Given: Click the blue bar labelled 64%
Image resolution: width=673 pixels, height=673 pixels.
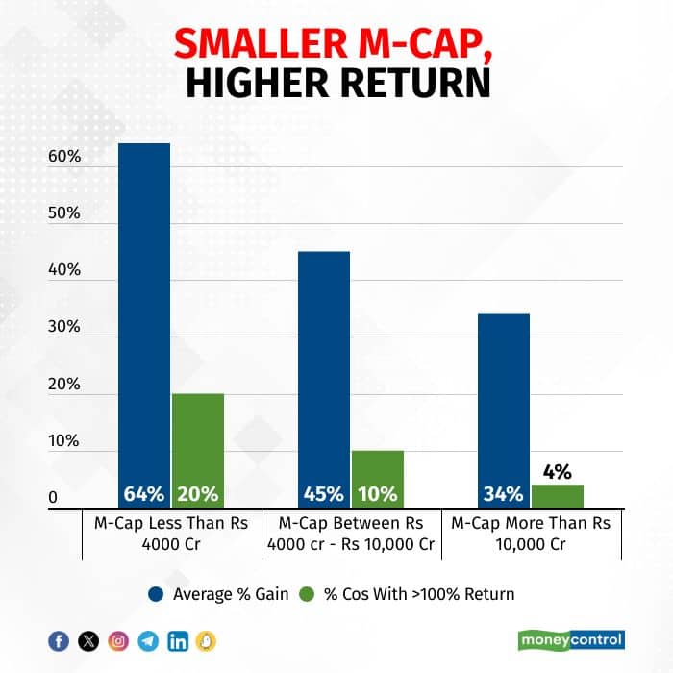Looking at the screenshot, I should click(x=143, y=317).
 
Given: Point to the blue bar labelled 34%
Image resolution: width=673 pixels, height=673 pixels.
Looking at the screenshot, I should click(x=503, y=404).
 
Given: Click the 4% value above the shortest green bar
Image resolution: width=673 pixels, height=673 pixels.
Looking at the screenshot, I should click(x=557, y=472).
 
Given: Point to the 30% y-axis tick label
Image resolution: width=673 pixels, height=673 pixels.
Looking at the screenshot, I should click(x=63, y=327).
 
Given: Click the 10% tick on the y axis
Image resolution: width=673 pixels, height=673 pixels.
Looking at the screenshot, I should click(x=63, y=440).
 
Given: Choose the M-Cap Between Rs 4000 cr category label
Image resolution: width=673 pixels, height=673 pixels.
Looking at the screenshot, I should click(x=350, y=534).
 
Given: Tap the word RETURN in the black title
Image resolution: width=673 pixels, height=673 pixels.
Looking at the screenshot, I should click(x=413, y=84).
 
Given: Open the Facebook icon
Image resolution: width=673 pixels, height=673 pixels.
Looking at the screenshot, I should click(x=59, y=641).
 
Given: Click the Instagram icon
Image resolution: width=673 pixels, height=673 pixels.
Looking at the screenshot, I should click(x=118, y=641).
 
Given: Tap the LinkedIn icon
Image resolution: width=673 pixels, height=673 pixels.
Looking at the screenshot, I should click(x=178, y=641).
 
